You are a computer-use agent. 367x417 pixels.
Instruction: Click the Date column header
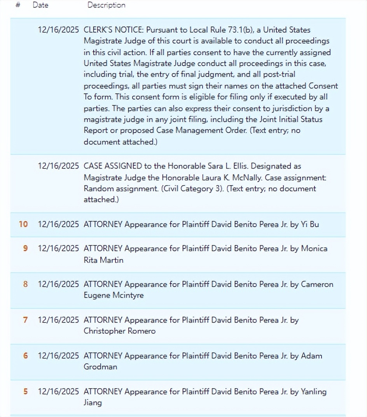(40, 5)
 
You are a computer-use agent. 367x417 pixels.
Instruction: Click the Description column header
(106, 5)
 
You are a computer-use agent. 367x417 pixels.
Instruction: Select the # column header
(18, 5)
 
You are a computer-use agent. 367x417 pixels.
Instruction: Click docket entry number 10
(23, 224)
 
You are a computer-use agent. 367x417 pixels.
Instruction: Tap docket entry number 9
(25, 248)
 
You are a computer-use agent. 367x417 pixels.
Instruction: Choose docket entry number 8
(25, 284)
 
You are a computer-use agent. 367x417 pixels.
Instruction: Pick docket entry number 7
(25, 320)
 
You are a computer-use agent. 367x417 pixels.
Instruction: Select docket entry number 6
(25, 356)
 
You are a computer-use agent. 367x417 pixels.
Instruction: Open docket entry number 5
(25, 391)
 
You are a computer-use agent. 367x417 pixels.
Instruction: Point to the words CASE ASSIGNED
(113, 166)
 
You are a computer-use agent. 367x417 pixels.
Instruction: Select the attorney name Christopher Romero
(119, 331)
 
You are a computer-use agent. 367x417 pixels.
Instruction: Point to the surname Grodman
(100, 367)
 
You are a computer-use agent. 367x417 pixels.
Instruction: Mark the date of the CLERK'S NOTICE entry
(58, 30)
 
